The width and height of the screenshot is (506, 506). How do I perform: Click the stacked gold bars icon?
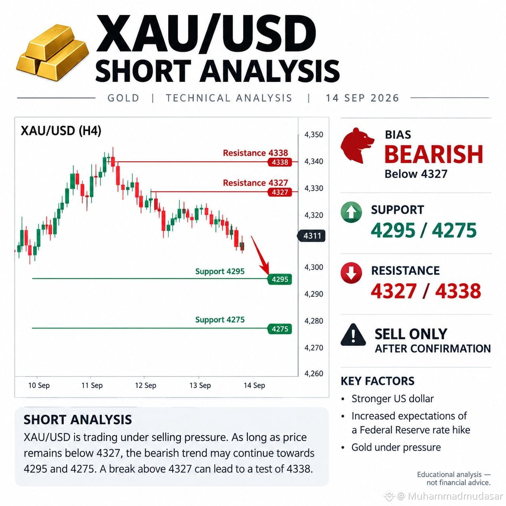[53, 52]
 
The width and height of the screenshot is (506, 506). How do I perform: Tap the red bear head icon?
[357, 146]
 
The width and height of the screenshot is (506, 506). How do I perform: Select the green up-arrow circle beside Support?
[351, 212]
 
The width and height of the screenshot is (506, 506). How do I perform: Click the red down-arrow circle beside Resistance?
[351, 273]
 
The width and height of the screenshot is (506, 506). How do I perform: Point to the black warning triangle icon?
[353, 335]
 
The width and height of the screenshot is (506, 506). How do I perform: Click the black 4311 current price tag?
[311, 236]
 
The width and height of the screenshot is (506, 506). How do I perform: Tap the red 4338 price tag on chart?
[280, 162]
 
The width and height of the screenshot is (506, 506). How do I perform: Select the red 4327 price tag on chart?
[280, 192]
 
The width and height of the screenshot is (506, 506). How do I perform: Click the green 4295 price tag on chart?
[280, 279]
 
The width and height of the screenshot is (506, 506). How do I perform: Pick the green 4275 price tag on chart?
[280, 329]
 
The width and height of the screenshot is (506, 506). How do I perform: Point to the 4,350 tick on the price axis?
[314, 135]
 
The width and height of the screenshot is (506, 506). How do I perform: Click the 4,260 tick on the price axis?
[314, 373]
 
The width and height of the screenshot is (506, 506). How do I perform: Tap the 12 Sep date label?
[146, 385]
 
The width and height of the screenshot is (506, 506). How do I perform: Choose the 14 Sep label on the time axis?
[254, 385]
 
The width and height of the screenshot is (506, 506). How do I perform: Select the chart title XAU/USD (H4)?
[61, 131]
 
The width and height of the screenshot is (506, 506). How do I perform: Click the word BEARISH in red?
[434, 154]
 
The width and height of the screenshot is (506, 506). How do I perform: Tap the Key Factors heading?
[378, 381]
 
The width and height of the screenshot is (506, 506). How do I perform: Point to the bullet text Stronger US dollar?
[393, 399]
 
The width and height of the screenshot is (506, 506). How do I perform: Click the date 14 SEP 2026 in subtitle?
[363, 98]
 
